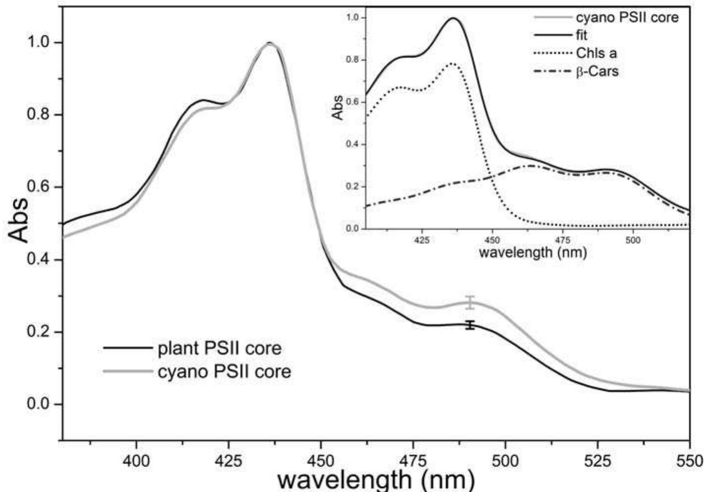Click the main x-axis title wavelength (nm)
377,480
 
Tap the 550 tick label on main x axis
689,461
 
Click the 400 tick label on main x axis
136,461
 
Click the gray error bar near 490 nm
470,303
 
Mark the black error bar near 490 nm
470,325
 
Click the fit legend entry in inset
581,35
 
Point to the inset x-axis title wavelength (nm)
533,252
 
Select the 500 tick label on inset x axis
633,241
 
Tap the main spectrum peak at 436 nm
269,43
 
